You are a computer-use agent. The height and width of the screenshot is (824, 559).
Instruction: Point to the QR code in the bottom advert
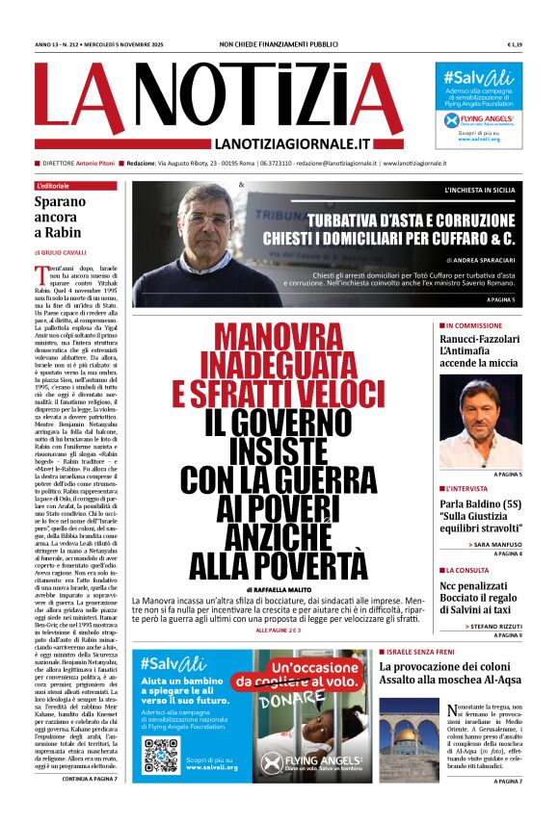pyautogui.click(x=161, y=755)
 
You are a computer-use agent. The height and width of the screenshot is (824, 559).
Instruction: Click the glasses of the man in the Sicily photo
pyautogui.click(x=208, y=219)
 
